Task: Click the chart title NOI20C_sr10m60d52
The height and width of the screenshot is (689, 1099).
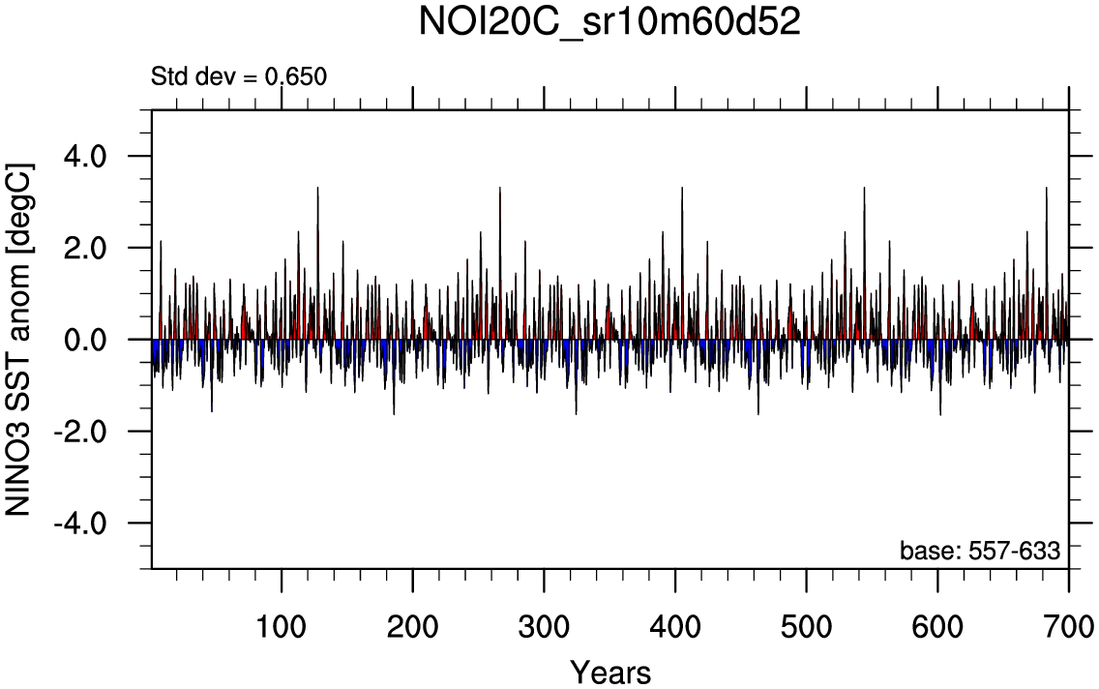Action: point(609,23)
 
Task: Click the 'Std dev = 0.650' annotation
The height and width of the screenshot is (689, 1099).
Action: point(239,75)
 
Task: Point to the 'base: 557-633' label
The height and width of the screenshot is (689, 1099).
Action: point(980,551)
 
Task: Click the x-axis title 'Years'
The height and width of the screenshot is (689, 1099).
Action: point(609,671)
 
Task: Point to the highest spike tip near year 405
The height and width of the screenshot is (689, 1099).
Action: point(682,188)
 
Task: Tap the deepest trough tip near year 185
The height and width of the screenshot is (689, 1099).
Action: point(394,414)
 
